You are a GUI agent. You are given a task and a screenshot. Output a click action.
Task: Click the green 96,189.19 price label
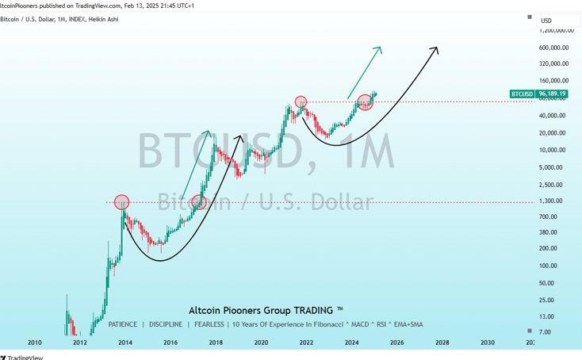tap(553, 94)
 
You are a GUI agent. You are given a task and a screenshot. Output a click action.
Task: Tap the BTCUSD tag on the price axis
tap(522, 94)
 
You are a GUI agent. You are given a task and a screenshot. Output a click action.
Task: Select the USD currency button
tap(546, 21)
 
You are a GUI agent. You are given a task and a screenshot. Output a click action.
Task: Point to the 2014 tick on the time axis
tap(125, 343)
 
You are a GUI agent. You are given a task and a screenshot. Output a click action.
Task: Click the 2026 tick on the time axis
tap(397, 343)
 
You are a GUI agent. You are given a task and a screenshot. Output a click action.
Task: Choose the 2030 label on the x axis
tap(488, 343)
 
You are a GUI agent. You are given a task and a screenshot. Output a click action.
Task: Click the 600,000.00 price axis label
tap(556, 47)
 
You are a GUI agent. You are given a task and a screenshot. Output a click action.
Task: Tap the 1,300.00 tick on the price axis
tap(555, 201)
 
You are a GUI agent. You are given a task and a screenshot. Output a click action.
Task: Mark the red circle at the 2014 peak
tap(121, 202)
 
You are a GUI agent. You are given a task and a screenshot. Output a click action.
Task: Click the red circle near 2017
tap(199, 203)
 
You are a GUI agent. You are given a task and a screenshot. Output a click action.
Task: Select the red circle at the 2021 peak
tap(301, 101)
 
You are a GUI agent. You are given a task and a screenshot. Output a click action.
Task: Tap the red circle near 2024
tap(365, 101)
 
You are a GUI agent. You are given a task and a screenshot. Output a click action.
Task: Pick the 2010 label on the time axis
tap(35, 343)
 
